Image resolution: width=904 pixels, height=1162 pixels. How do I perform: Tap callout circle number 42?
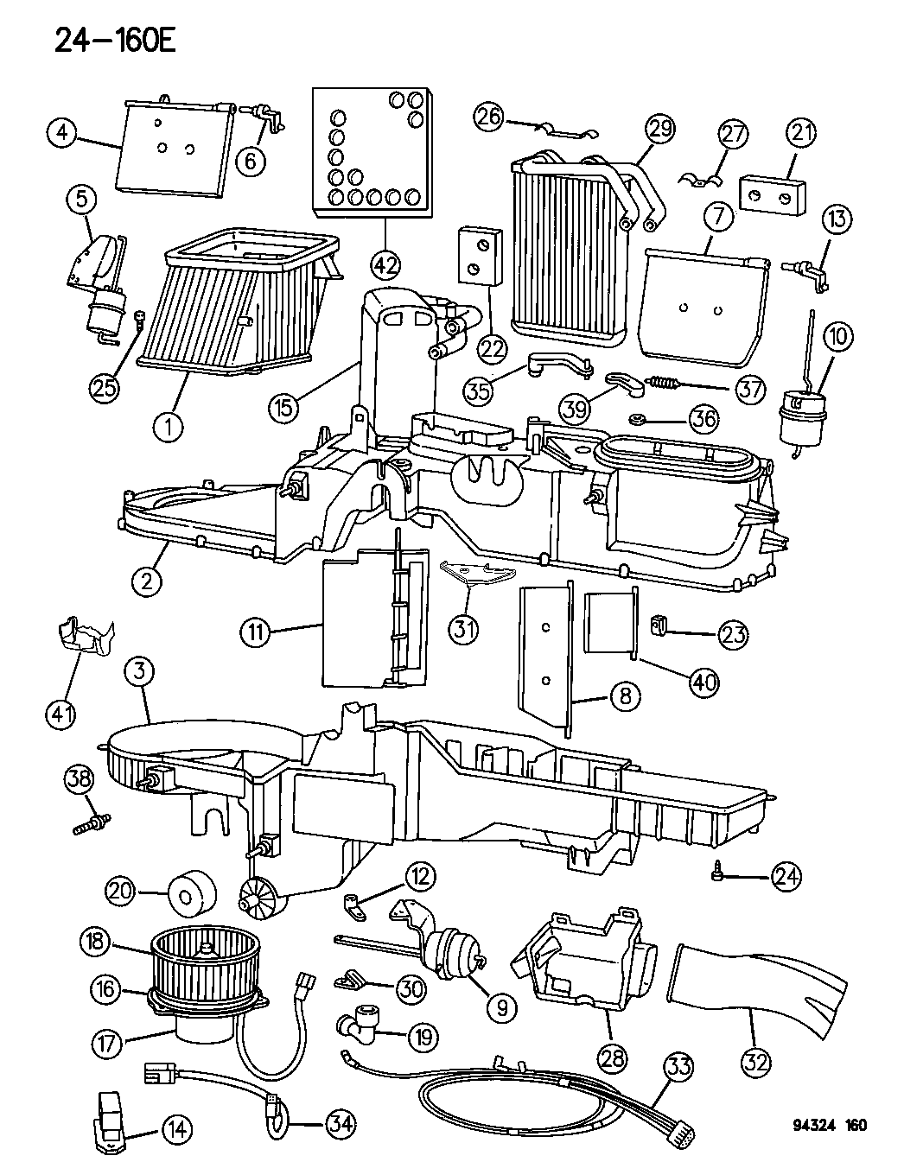(386, 262)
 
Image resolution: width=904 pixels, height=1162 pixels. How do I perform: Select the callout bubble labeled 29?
(660, 130)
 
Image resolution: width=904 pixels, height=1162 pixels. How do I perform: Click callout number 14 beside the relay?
(176, 1127)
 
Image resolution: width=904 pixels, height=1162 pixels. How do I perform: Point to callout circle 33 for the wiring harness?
(678, 1068)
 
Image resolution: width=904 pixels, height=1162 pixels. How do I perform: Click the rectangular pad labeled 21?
(773, 195)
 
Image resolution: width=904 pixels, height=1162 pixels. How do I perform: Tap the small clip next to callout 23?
(660, 623)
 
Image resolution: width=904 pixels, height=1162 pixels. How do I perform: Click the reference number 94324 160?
(829, 1126)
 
